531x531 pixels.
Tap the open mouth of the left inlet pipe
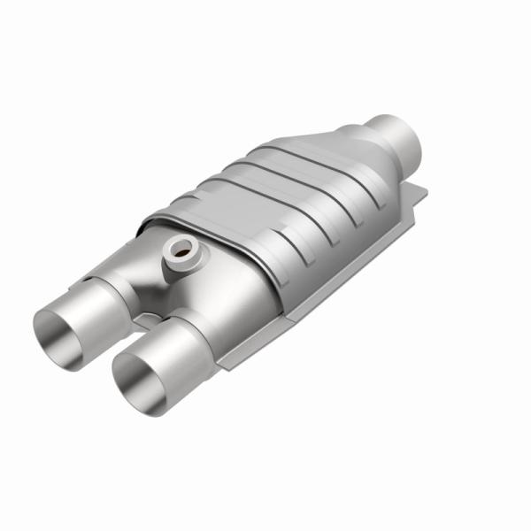(x=60, y=332)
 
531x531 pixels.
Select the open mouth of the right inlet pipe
(x=140, y=381)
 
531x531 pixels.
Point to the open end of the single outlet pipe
(x=409, y=131)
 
